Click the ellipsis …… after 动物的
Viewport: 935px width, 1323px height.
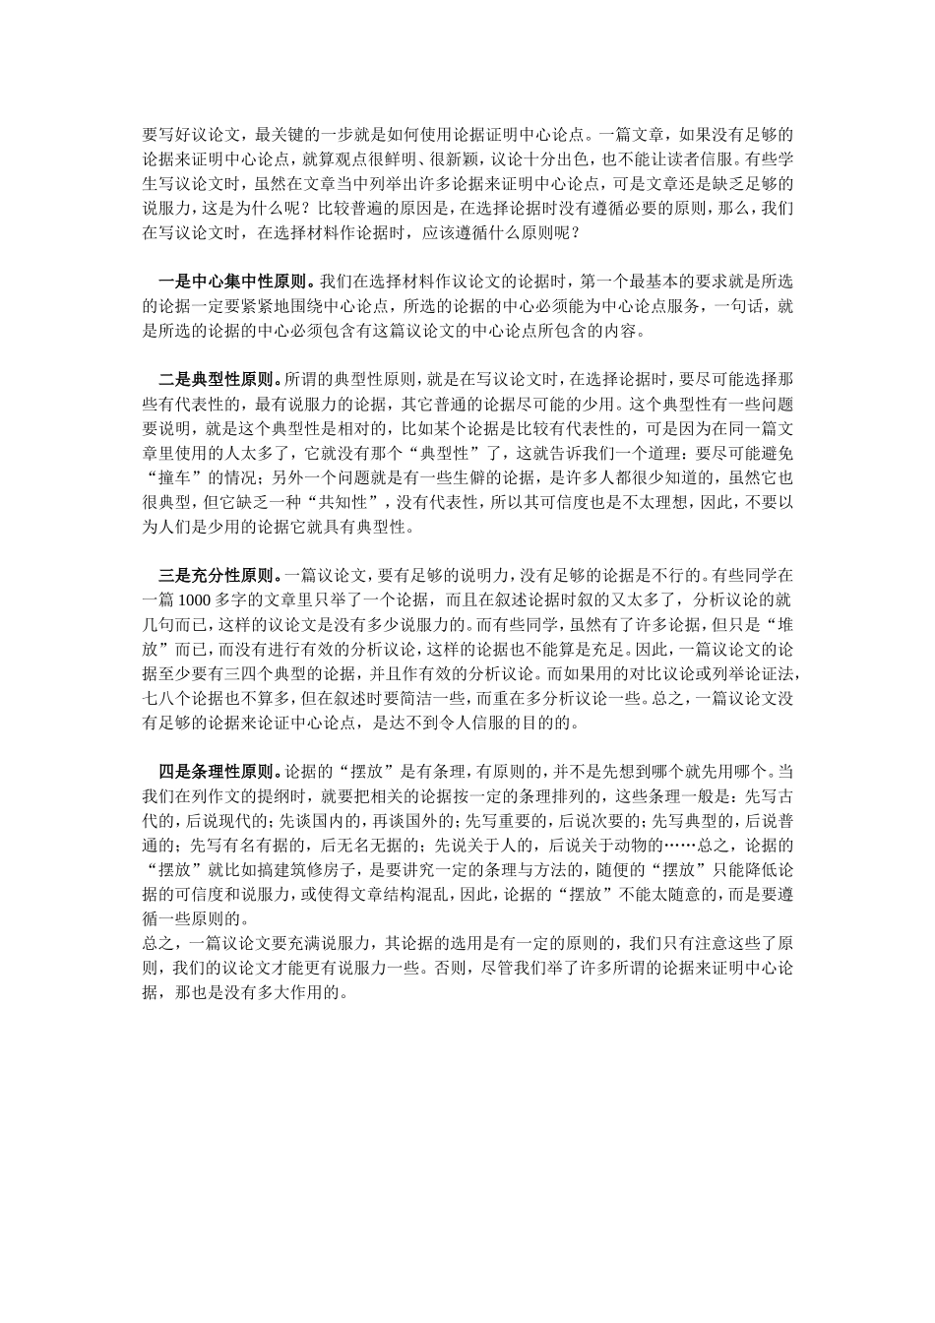663,845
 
